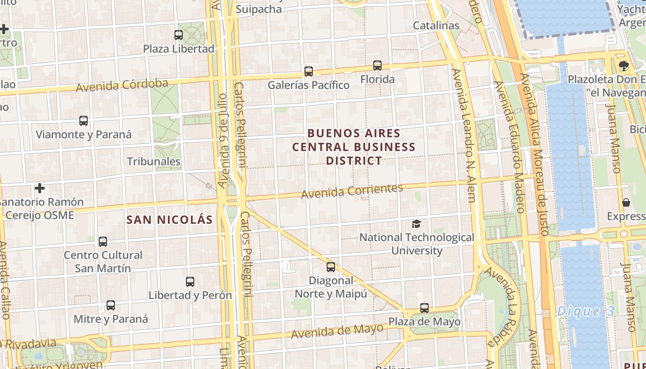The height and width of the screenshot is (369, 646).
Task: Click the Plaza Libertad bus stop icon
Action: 179,35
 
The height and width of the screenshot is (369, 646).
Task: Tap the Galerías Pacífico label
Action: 309,85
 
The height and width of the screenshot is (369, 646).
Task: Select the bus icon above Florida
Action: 377,65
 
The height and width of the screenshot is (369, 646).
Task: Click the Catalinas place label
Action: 436,25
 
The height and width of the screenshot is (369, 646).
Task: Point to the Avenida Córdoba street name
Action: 122,85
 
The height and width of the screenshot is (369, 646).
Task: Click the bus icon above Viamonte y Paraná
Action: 84,121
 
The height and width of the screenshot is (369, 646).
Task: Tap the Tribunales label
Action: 154,161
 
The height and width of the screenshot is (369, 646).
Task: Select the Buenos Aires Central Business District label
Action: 354,147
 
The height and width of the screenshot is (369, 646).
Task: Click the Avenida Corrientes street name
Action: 352,191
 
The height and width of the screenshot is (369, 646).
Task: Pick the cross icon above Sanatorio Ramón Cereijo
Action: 40,188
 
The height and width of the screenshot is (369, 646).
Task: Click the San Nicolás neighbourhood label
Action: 170,220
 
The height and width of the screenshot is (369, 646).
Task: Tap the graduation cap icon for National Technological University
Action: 417,224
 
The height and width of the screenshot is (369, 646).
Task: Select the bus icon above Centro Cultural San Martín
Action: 103,241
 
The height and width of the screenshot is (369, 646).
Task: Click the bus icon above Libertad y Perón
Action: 190,281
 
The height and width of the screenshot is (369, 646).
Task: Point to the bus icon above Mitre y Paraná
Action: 111,305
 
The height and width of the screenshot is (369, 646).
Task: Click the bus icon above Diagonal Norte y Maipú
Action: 331,267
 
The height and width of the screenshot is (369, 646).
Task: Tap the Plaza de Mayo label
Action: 424,321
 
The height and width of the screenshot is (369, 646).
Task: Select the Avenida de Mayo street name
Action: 337,331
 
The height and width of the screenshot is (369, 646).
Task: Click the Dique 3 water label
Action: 586,311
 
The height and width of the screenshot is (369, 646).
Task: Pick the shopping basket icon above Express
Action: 626,202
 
